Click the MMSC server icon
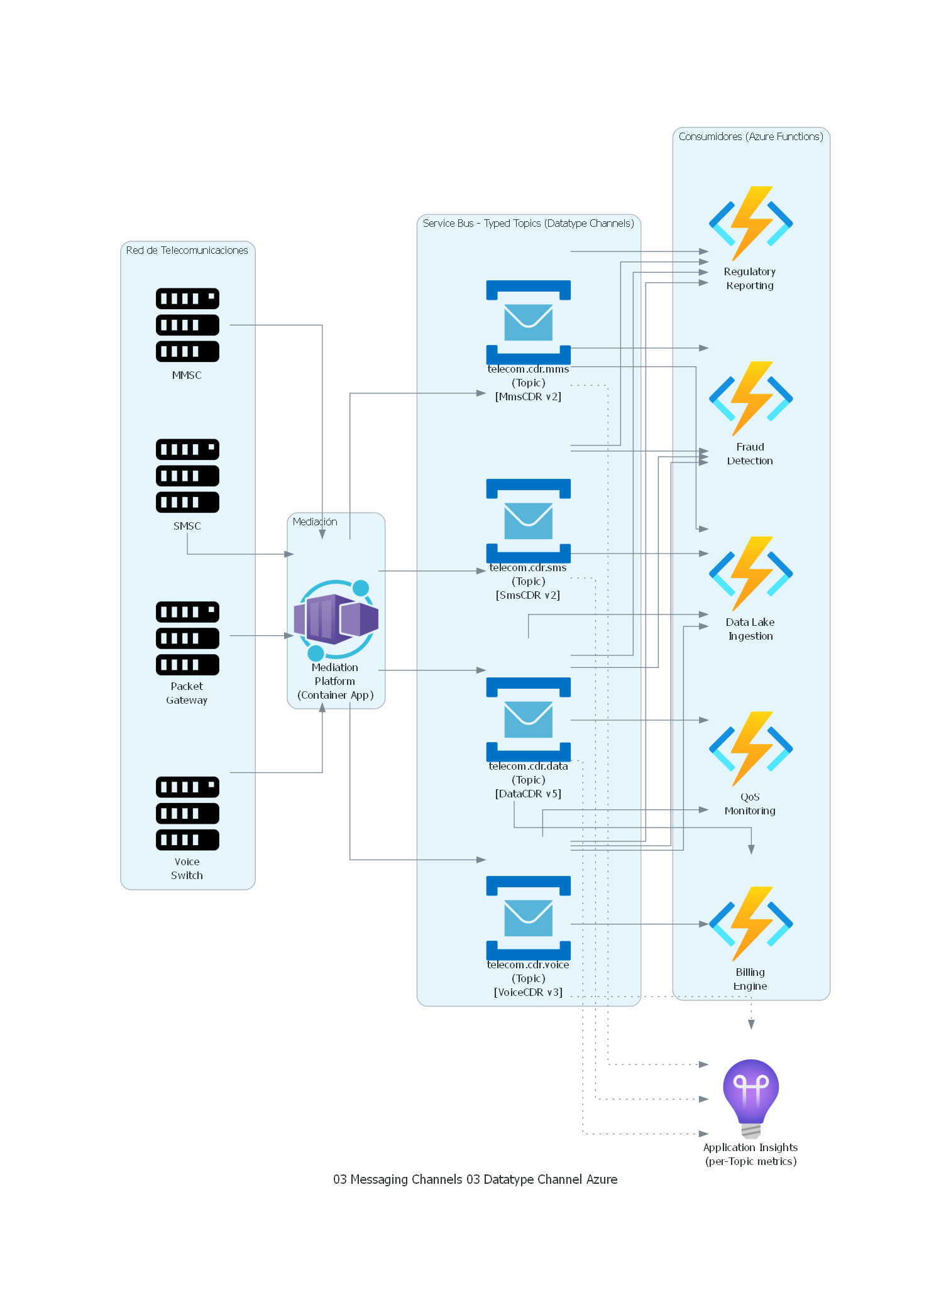(187, 325)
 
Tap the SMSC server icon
(187, 476)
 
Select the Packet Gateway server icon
(187, 638)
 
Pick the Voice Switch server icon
(187, 813)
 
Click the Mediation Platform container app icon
(336, 620)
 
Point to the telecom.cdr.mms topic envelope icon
(528, 322)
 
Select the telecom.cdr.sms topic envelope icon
(528, 521)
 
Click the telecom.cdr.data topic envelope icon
(528, 719)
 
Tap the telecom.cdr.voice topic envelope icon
(528, 918)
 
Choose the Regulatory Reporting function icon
(750, 223)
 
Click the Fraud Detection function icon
(750, 398)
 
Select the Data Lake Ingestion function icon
(750, 574)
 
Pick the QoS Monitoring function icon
(750, 748)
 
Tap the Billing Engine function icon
(750, 924)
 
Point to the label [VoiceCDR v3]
(528, 992)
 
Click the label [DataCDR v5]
(528, 794)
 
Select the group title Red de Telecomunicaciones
(187, 250)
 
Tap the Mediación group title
(315, 522)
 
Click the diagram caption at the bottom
(475, 1179)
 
